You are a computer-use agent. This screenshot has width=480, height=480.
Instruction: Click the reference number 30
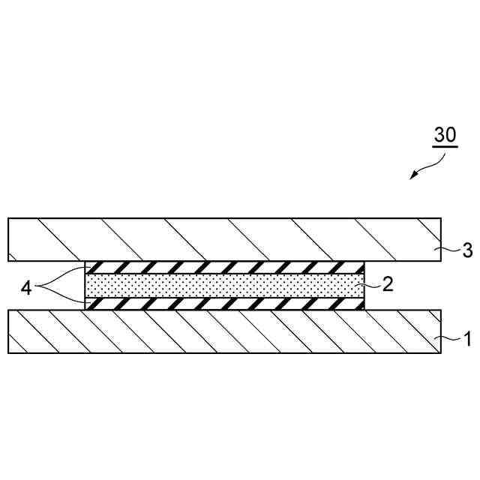click(445, 135)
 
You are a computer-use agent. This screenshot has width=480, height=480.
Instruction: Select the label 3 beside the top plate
click(467, 250)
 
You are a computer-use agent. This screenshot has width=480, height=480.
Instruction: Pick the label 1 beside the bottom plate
click(467, 340)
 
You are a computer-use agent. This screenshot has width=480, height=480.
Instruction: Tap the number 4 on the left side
click(26, 287)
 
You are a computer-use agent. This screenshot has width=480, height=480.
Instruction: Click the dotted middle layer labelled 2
click(225, 286)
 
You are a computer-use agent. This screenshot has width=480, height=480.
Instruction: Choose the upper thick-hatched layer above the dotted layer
click(225, 268)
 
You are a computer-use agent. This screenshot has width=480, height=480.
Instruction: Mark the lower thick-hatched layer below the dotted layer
click(225, 304)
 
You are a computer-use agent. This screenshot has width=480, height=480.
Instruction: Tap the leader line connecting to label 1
click(448, 338)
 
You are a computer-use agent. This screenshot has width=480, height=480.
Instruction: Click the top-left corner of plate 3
click(8, 218)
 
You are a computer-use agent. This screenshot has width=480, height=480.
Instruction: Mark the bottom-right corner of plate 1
click(439, 352)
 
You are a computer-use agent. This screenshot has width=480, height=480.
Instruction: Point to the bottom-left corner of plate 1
click(8, 352)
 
